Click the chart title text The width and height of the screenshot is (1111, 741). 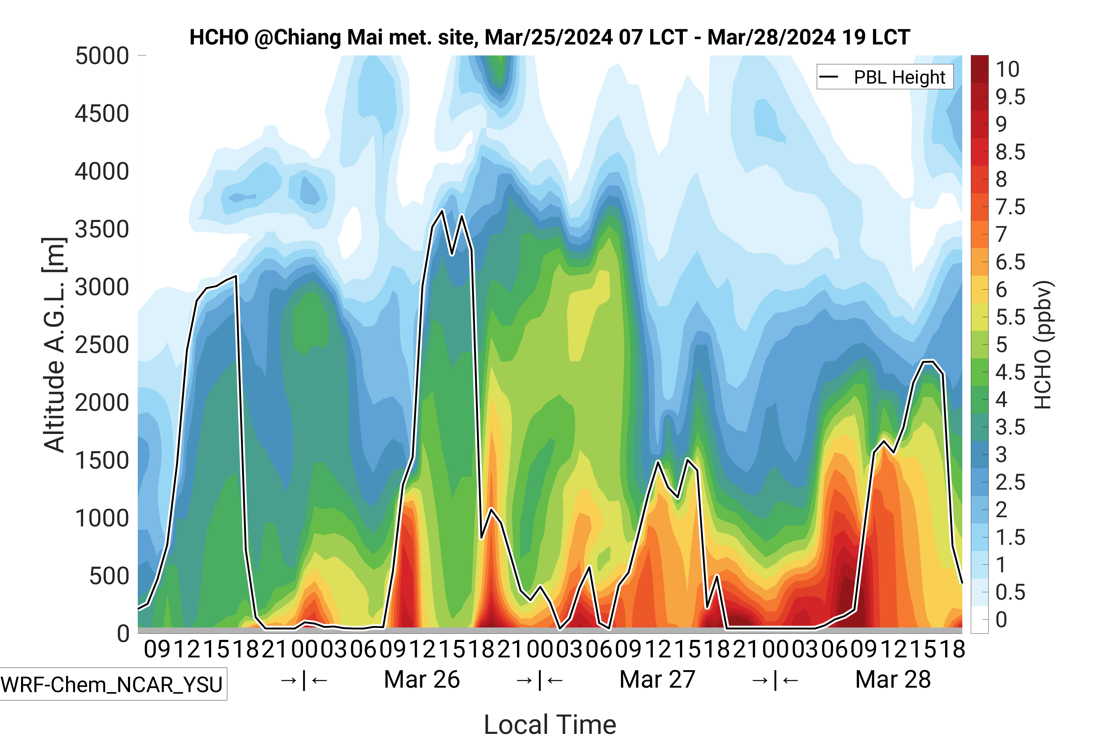click(549, 37)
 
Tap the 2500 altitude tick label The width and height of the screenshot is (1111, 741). click(102, 345)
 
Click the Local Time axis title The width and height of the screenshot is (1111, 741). click(550, 724)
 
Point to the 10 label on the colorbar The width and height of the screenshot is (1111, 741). click(1008, 69)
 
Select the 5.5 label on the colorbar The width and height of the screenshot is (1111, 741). click(1010, 317)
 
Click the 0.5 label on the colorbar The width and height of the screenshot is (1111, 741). click(1010, 592)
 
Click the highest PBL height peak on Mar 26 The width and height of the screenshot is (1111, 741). click(442, 210)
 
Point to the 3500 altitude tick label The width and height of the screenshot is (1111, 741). click(102, 230)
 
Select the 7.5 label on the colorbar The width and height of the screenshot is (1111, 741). click(1010, 207)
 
